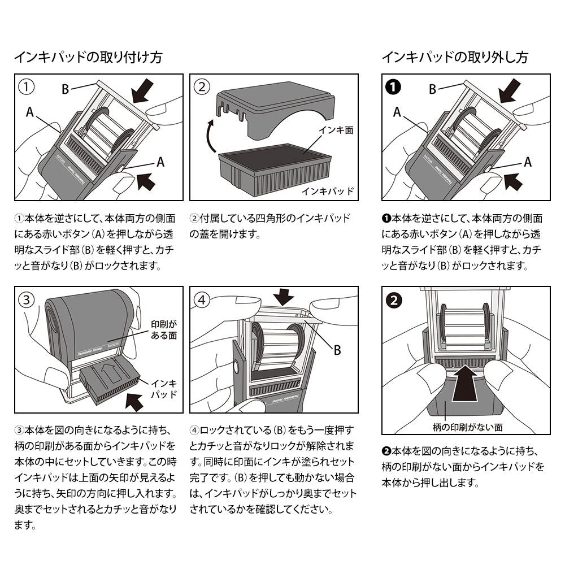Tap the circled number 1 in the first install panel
point(26,87)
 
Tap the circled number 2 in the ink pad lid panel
point(202,87)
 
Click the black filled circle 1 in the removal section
point(393,87)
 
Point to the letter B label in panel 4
point(337,350)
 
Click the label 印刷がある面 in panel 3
point(164,331)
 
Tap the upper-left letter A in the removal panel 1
point(397,112)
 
